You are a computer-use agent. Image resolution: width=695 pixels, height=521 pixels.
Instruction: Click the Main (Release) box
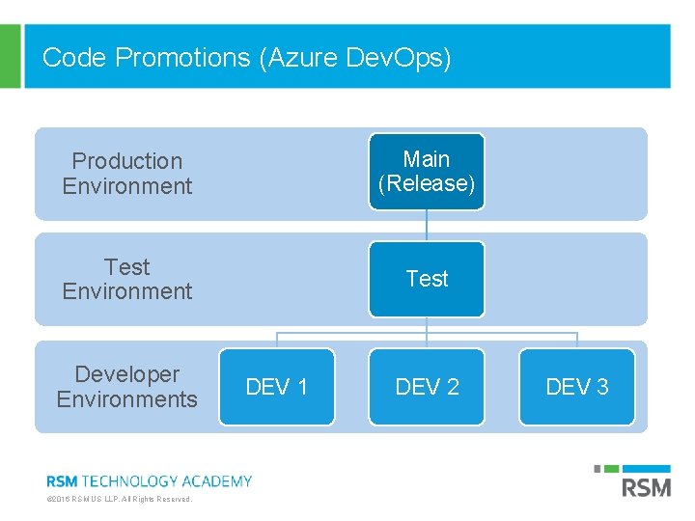point(427,172)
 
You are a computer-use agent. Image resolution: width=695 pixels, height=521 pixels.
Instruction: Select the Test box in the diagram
point(427,279)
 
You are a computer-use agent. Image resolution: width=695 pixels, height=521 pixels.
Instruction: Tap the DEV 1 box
point(277,387)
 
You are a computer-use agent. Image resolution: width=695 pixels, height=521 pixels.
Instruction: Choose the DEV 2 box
point(427,387)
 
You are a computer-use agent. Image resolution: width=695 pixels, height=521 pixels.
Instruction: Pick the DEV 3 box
point(577,387)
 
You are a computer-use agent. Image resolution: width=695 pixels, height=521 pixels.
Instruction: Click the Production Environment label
point(127,174)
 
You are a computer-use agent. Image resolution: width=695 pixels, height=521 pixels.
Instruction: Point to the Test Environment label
point(127,279)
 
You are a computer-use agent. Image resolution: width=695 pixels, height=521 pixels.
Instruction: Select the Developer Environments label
point(127,386)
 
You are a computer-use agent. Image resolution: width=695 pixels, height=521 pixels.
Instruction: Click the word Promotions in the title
point(182,58)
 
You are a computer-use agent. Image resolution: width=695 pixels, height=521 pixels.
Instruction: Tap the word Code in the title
point(75,58)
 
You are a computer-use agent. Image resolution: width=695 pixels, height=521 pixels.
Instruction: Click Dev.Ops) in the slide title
point(399,58)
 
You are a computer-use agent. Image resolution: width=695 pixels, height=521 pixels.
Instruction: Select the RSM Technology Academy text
point(150,480)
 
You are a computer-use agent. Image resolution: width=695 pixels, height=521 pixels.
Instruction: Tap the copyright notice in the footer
point(120,499)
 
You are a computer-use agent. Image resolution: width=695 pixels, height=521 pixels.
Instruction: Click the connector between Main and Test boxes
point(427,225)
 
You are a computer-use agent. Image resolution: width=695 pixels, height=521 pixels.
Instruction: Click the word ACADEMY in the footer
point(219,480)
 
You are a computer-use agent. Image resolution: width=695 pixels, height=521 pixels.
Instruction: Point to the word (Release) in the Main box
point(427,184)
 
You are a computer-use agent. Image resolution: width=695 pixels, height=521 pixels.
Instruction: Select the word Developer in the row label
point(127,373)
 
